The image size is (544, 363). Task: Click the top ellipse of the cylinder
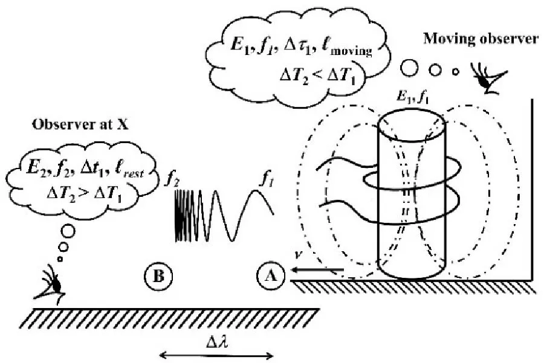tap(413, 123)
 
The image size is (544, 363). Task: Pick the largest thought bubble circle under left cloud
tap(68, 231)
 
